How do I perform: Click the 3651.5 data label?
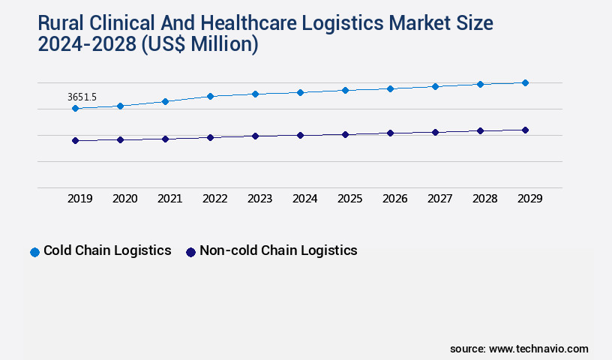(x=82, y=97)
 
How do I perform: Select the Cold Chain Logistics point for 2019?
(x=75, y=109)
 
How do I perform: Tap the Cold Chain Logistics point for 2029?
(x=525, y=82)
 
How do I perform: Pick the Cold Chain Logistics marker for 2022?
(x=210, y=96)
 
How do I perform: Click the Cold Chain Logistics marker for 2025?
(x=345, y=90)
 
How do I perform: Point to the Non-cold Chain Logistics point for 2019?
(x=75, y=140)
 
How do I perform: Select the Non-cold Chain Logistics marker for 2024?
(x=300, y=135)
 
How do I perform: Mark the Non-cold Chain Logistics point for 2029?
(x=525, y=130)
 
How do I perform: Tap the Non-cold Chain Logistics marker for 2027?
(x=435, y=132)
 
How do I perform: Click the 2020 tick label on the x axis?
(x=124, y=199)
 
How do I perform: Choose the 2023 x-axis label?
(x=259, y=199)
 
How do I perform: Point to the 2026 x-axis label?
(x=394, y=199)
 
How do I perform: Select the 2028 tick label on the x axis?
(x=484, y=199)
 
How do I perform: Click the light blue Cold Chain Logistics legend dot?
(x=34, y=252)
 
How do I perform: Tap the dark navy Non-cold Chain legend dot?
(x=190, y=252)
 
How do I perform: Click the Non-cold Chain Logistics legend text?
(x=278, y=250)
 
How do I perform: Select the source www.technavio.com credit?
(x=519, y=349)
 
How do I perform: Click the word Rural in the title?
(x=64, y=24)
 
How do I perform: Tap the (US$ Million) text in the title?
(x=198, y=45)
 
